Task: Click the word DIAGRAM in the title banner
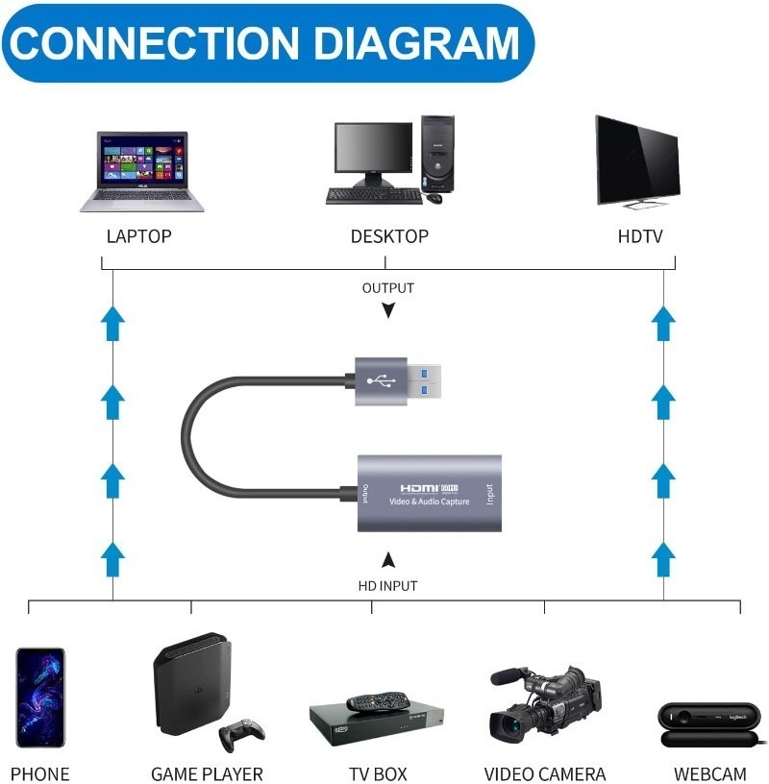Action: [x=414, y=42]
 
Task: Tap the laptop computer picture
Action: [x=142, y=170]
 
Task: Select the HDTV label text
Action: [x=639, y=236]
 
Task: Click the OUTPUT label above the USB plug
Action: [x=387, y=287]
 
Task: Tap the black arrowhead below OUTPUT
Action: [x=387, y=310]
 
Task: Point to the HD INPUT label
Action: [x=387, y=585]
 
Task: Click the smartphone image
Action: [x=40, y=697]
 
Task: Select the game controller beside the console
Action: [x=241, y=734]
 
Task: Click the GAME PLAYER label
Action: [x=207, y=773]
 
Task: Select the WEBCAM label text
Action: [x=709, y=773]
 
